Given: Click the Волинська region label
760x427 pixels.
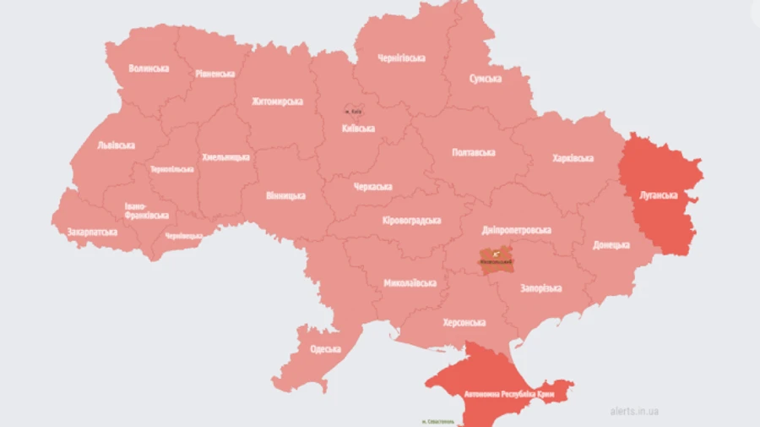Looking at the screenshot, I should coord(149,68).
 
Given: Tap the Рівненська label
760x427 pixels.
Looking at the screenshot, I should coord(214,74).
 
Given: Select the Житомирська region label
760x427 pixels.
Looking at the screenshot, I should coord(277,101).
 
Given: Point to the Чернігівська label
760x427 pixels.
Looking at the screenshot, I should coord(401,58).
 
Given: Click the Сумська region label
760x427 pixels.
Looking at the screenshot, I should coord(486,79).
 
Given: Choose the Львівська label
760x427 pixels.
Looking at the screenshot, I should coord(116,145).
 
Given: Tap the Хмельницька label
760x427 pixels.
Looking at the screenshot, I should coord(225,157).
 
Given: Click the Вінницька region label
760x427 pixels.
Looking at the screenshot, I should coord(285,195).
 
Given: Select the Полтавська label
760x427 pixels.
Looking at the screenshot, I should coord(474,152).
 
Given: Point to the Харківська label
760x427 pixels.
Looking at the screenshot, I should coord(573,158).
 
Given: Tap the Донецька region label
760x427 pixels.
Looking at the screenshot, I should coord(611,245).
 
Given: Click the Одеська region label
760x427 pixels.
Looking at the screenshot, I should coord(325,348).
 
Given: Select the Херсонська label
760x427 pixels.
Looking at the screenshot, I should coord(464,323).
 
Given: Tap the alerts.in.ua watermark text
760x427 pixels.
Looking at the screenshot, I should coord(633,412).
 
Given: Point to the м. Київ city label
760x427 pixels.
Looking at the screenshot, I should coord(354,112).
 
